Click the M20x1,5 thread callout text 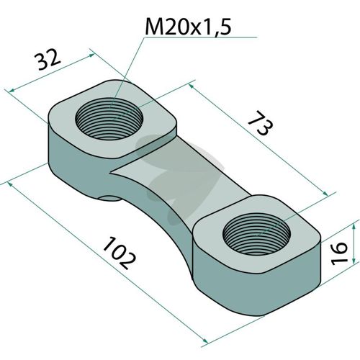click(x=188, y=27)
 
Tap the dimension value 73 click(x=261, y=122)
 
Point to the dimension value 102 click(x=119, y=253)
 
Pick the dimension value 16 click(x=339, y=253)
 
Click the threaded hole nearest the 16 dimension click(x=256, y=234)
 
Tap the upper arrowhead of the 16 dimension click(x=354, y=227)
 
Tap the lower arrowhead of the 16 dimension click(x=354, y=259)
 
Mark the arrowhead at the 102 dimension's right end click(x=204, y=341)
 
